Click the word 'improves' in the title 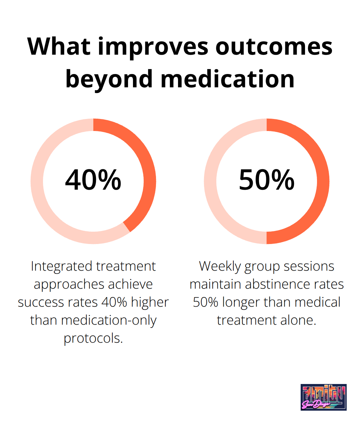153,47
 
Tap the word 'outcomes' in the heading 274,47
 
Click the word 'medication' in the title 228,79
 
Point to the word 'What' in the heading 59,47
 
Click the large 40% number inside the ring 93,180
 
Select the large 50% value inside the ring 267,180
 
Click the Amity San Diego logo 323,397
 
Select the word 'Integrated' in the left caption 62,266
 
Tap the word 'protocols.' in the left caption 93,338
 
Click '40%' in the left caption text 114,302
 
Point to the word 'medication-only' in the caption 109,320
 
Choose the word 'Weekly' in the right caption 220,266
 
